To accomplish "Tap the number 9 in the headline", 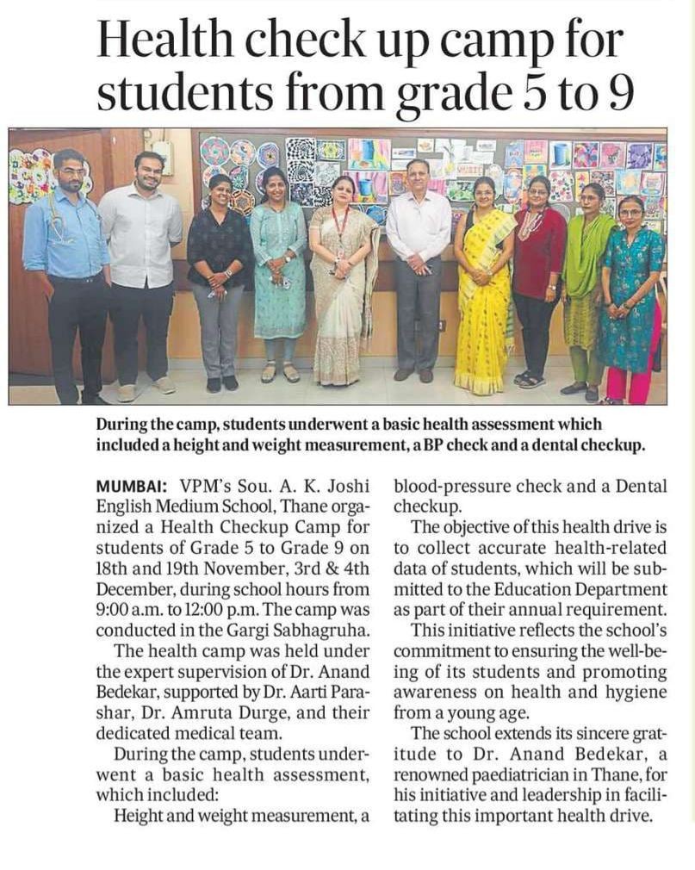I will [620, 94].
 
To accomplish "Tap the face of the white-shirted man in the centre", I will [419, 175].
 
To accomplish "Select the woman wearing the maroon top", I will [538, 276].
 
